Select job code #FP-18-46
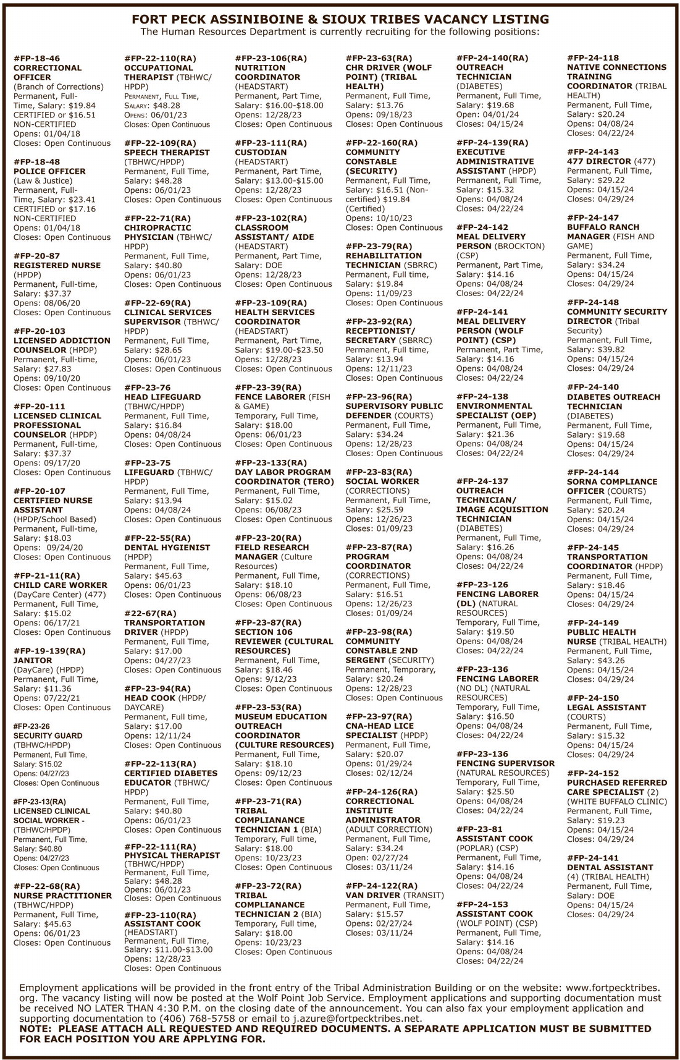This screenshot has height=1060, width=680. pos(36,58)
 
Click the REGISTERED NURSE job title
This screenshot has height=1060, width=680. pos(57,265)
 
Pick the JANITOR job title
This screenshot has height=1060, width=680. pos(31,661)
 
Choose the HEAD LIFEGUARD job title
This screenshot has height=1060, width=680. pos(162,397)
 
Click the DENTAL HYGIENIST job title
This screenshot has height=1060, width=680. pos(167,548)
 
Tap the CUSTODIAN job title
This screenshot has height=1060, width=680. pos(261,152)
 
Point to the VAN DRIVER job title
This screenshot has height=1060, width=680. pos(373,895)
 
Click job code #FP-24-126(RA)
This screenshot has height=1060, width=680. pos(381,792)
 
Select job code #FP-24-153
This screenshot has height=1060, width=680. pos(482,904)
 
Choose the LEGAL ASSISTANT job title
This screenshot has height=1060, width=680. pos(606,707)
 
